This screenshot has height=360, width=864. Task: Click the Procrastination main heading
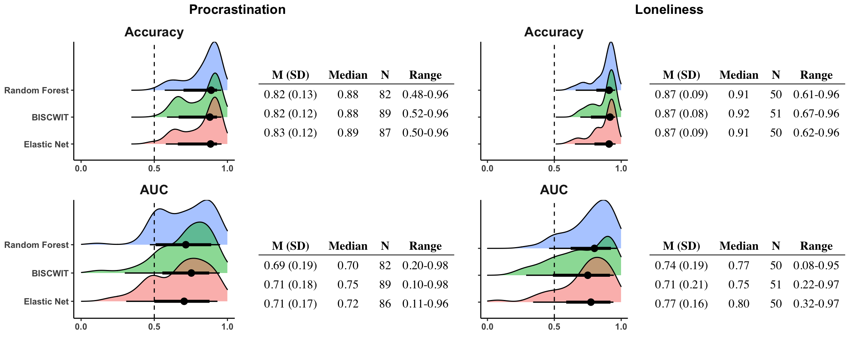coord(237,9)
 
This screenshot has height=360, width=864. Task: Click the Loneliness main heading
coord(669,9)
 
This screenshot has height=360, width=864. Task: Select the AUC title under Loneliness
coord(553,190)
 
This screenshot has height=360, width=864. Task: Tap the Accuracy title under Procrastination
coord(154,32)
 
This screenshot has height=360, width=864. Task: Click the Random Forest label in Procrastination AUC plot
coord(36,245)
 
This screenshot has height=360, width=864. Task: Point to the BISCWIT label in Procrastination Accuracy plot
coord(50,117)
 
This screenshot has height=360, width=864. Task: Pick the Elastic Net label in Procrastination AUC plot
coord(46,301)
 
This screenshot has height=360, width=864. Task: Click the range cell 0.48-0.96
coord(425,94)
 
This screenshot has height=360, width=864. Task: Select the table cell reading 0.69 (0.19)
coord(290,265)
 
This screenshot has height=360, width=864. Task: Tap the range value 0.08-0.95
coord(816,265)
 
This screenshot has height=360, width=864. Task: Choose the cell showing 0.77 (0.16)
coord(681,303)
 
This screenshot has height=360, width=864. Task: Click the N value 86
coord(385,303)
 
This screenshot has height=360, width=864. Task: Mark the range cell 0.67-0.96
coord(816,114)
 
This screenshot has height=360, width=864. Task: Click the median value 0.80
coord(738,303)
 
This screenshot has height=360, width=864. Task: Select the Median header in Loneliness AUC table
coord(738,246)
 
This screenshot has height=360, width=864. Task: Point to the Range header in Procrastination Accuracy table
coord(425,75)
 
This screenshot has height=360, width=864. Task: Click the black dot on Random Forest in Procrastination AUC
coord(186,244)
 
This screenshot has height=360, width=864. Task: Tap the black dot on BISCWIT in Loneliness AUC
coord(588,275)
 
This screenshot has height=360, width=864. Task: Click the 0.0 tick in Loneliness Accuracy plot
coord(487,169)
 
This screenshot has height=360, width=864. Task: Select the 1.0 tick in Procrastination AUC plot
coord(227,327)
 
